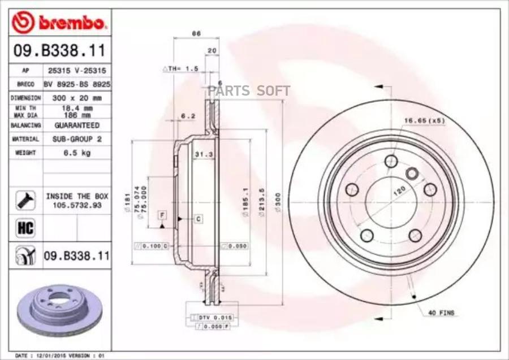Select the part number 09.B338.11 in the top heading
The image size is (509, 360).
point(59,51)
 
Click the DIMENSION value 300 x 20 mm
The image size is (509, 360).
point(76,98)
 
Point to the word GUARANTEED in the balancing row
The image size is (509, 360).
point(76,125)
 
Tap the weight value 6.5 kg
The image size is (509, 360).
point(76,153)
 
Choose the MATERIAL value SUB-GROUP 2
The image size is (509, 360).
point(76,139)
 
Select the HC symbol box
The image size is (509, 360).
point(25,228)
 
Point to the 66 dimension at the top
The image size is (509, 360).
point(195,33)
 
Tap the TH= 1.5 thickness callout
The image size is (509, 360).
point(182,68)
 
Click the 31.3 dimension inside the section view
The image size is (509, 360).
point(202,154)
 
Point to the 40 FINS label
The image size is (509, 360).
point(441,313)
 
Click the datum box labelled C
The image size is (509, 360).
point(199,218)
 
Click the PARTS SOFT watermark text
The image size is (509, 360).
point(249,90)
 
